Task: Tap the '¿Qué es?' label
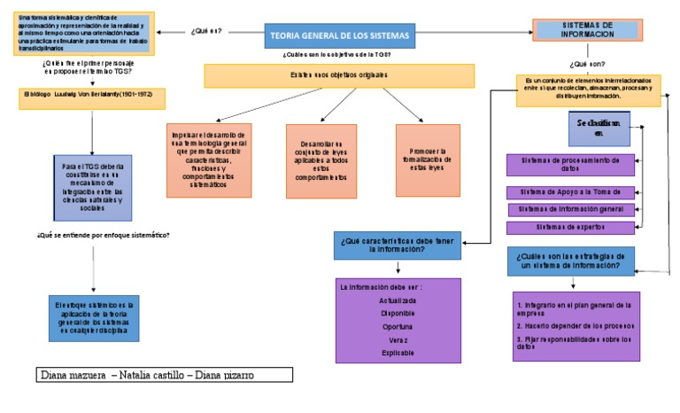[205, 31]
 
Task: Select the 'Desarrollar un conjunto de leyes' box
[321, 160]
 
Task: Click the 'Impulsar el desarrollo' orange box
[208, 160]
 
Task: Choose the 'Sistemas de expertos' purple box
[571, 228]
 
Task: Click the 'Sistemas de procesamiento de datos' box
[570, 165]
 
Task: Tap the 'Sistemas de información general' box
[571, 210]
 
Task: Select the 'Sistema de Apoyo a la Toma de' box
[571, 192]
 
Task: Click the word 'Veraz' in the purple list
[398, 339]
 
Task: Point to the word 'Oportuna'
[398, 326]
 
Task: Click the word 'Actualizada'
[398, 300]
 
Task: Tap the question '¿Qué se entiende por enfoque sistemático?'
[104, 236]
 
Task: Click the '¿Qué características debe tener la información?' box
[398, 245]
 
